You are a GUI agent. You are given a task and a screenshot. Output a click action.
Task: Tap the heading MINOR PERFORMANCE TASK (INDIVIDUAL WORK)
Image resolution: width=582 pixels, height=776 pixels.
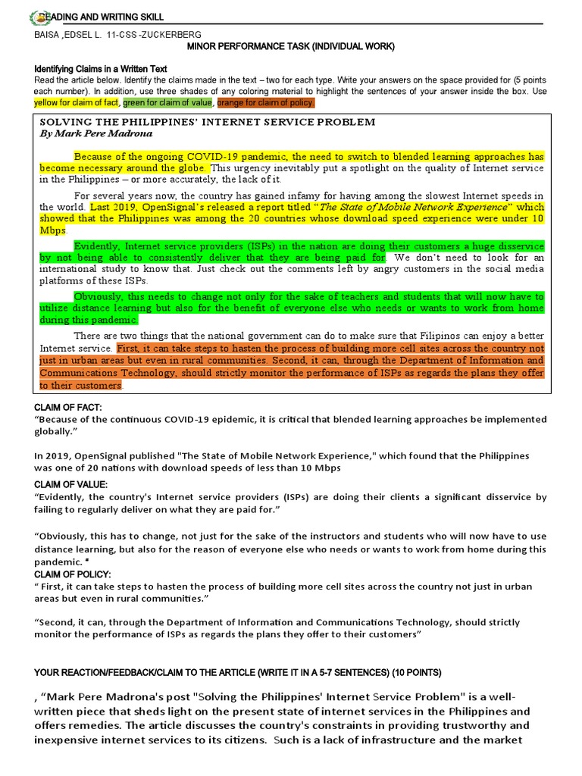(x=290, y=47)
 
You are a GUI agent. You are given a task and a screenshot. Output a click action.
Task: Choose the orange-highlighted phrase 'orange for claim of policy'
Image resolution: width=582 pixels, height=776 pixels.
(x=265, y=102)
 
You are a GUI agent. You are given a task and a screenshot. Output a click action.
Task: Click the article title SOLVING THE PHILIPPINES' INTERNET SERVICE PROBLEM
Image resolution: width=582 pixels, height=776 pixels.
(x=207, y=122)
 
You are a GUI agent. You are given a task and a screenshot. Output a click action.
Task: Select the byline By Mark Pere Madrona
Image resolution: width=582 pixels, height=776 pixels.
(x=95, y=133)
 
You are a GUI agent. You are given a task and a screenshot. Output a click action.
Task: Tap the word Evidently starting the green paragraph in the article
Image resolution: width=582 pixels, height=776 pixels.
(x=97, y=246)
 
